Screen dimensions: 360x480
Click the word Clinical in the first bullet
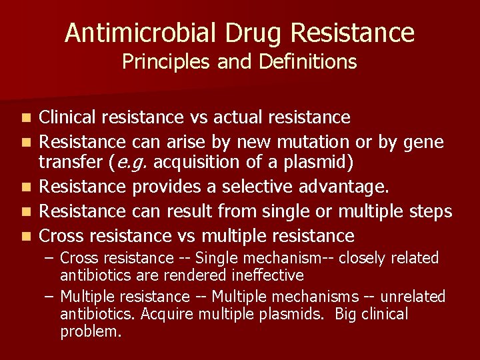[65, 117]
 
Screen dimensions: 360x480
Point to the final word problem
[91, 331]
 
